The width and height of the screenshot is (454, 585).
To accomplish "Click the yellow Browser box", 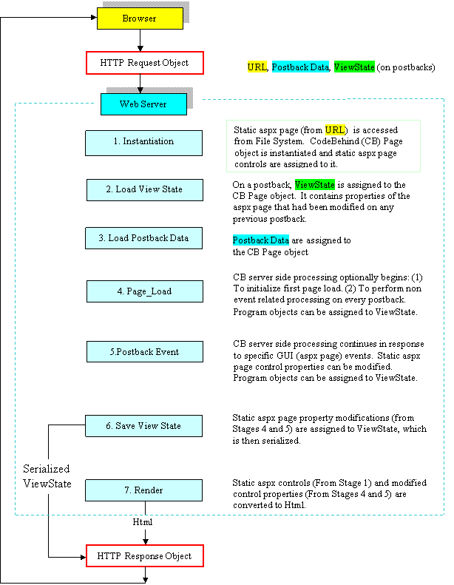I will pyautogui.click(x=140, y=18).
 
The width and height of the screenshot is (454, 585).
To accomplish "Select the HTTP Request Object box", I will pyautogui.click(x=144, y=63).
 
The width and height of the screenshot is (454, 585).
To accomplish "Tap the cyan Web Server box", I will pyautogui.click(x=143, y=104).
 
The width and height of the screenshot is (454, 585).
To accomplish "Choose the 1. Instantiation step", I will pyautogui.click(x=143, y=142).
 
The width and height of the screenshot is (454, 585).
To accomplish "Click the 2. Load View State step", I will pyautogui.click(x=144, y=189).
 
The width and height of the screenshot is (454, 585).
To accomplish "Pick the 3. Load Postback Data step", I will pyautogui.click(x=143, y=238).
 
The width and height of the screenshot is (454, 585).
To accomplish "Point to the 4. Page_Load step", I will pyautogui.click(x=144, y=291).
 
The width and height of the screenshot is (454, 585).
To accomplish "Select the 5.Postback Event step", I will pyautogui.click(x=144, y=352).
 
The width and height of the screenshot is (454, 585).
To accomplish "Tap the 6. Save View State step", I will pyautogui.click(x=143, y=426).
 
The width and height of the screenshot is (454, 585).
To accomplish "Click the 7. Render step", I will pyautogui.click(x=143, y=490).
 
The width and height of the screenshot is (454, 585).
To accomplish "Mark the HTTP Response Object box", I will pyautogui.click(x=144, y=556).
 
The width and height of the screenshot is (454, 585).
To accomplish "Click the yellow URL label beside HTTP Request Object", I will pyautogui.click(x=257, y=67).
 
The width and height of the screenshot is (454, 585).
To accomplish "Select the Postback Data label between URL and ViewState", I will pyautogui.click(x=300, y=67).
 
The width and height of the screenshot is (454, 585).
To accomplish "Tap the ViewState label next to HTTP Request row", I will pyautogui.click(x=354, y=67).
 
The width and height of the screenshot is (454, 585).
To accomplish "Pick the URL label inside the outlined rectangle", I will pyautogui.click(x=335, y=130).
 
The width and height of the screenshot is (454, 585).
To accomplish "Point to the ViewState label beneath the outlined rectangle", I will pyautogui.click(x=315, y=185).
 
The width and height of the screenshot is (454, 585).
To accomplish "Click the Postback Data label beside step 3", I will pyautogui.click(x=261, y=240).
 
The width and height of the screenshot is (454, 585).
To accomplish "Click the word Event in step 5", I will pyautogui.click(x=166, y=352).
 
